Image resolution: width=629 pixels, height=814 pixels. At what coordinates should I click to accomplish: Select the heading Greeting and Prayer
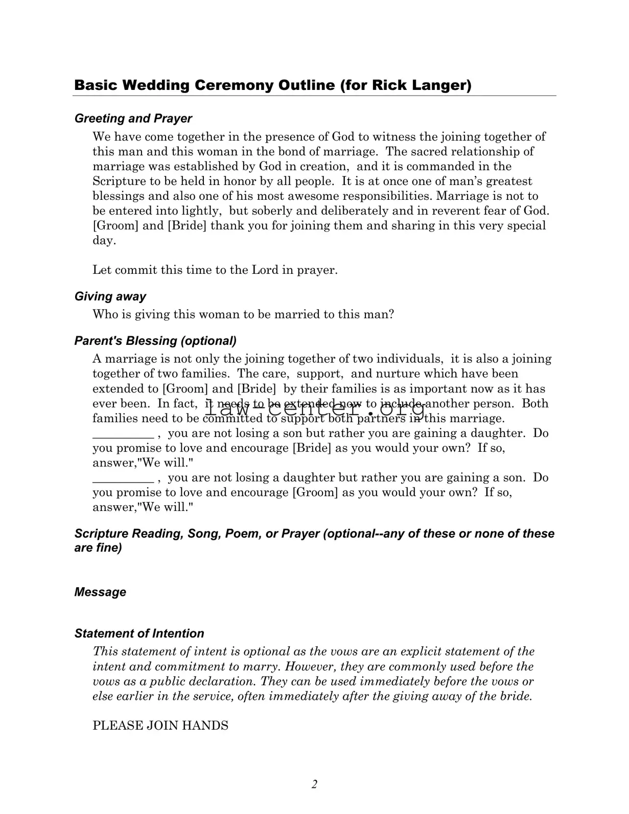click(x=133, y=119)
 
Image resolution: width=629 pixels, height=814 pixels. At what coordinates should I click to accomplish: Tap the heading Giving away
click(x=110, y=296)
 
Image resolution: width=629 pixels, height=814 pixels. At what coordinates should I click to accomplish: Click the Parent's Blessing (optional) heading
click(x=155, y=341)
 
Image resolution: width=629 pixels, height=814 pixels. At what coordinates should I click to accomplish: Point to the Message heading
click(x=100, y=592)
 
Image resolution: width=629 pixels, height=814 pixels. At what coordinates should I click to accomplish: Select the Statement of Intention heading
click(x=139, y=634)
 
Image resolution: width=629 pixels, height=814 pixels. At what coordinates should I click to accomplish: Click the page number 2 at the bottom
click(x=314, y=784)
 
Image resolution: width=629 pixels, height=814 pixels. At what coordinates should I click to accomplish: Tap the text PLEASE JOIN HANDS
click(x=160, y=726)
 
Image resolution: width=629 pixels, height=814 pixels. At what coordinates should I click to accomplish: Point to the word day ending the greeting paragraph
click(x=103, y=241)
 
